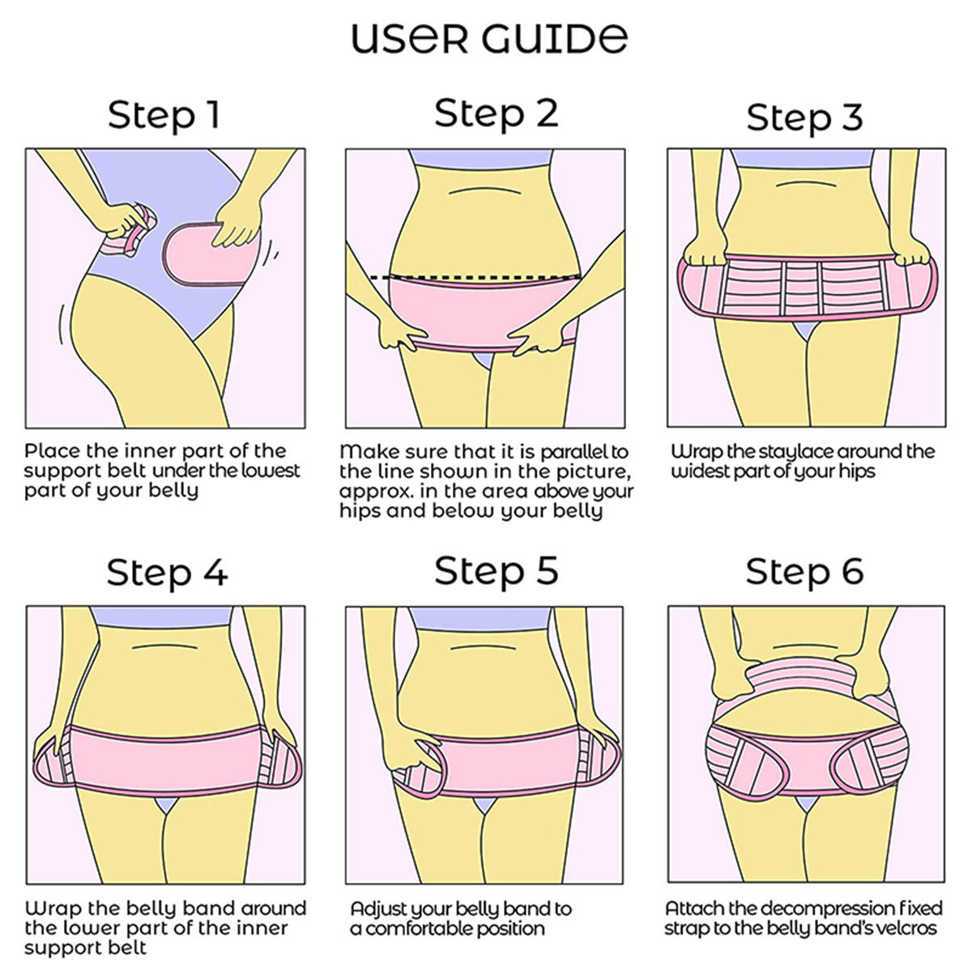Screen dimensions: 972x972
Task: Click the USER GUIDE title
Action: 489,38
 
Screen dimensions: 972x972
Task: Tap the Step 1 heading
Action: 164,116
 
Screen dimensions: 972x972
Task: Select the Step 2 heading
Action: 497,113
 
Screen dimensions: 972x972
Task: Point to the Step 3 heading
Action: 804,118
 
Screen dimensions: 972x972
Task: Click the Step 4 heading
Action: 167,573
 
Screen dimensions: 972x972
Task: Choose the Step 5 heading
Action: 497,571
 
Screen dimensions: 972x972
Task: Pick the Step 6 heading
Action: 804,572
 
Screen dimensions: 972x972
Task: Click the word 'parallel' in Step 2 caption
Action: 560,452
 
